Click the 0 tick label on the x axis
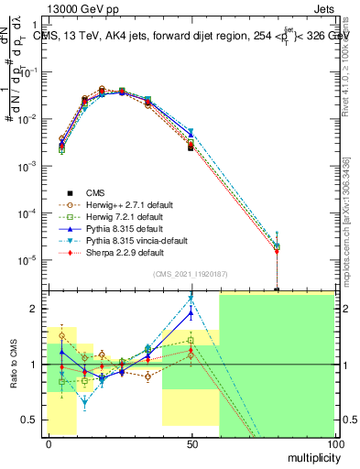48,443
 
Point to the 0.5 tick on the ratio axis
31,420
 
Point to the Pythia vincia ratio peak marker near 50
191,298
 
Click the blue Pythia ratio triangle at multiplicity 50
191,313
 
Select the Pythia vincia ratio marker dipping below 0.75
85,400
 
